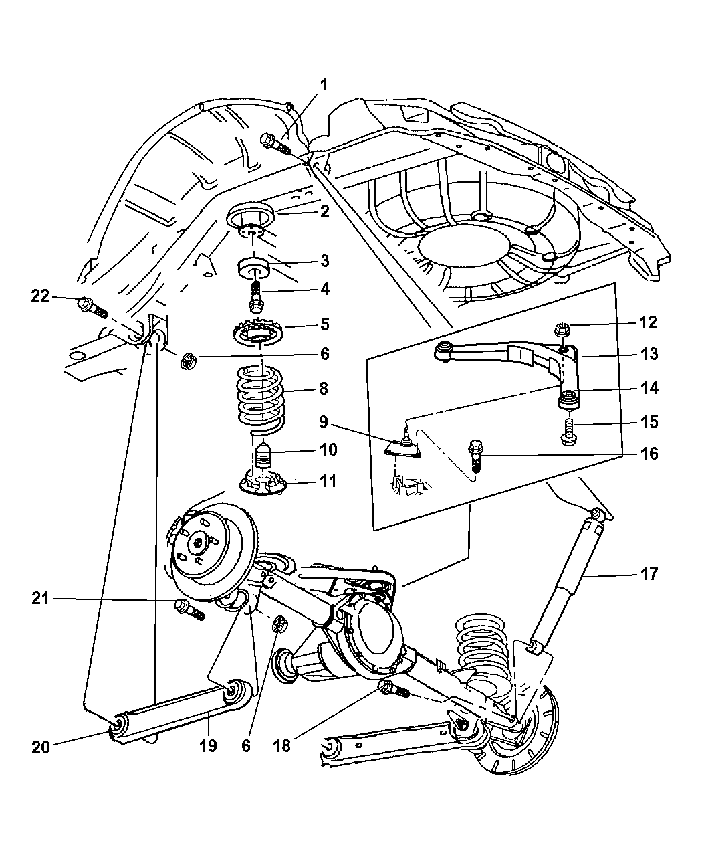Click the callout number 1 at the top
pyautogui.click(x=324, y=85)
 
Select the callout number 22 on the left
pyautogui.click(x=41, y=295)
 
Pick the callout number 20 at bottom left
pyautogui.click(x=41, y=747)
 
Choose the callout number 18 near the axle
pyautogui.click(x=282, y=745)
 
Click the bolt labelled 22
pyautogui.click(x=92, y=306)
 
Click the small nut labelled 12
pyautogui.click(x=562, y=329)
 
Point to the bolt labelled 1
pyautogui.click(x=275, y=142)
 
